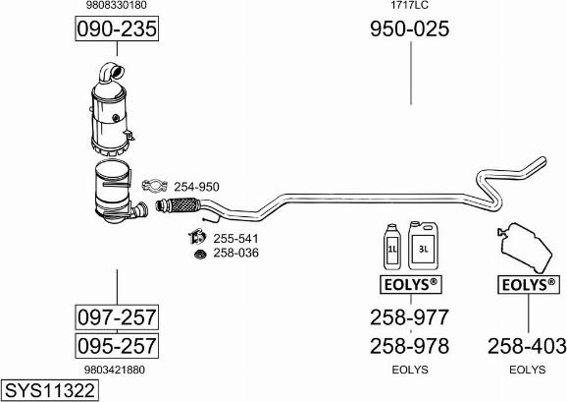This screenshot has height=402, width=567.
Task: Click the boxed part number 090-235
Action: coord(117,29)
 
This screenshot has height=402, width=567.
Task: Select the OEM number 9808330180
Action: coord(117,5)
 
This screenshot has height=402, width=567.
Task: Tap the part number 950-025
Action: coord(410,29)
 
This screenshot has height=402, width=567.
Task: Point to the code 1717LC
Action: coord(409,5)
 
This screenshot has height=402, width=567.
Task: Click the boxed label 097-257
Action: coord(117,317)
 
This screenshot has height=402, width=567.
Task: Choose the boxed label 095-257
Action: coord(117,346)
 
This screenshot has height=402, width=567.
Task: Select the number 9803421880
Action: coord(115,370)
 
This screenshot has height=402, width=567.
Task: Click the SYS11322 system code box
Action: coord(50,390)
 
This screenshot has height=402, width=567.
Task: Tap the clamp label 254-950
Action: coord(197,187)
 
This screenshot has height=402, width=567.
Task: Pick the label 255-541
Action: coord(235,239)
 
